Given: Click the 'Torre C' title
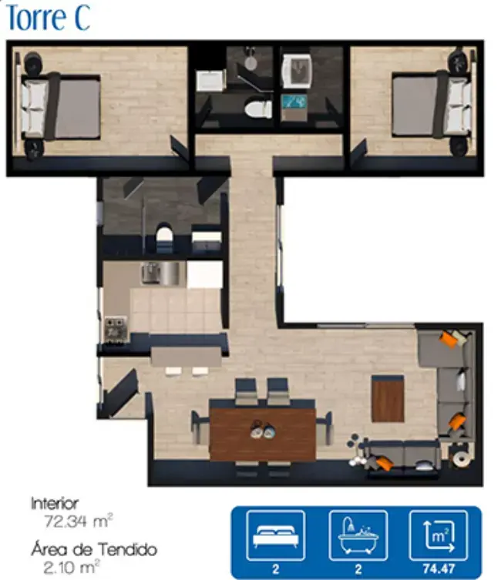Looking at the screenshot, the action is pos(48,18).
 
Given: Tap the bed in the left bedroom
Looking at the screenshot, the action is pos(61,107).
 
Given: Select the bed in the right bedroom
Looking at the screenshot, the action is pos(432,106).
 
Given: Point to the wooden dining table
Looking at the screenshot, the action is pos(262,430).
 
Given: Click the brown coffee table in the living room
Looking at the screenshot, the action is pos(388,399).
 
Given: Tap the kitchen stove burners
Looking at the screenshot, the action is pos(116,328).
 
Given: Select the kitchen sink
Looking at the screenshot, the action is pos(163,273).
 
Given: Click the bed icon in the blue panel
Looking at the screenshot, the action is pos(276,535).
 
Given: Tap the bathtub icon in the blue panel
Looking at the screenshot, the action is pos(358,535).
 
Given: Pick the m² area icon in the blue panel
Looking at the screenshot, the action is pos(439,535).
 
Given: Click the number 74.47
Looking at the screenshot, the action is pos(439,569).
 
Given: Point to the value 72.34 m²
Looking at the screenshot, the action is pos(78,521).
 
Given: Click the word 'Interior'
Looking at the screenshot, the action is pos(55,504).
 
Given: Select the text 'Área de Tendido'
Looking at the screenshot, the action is pos(94,549).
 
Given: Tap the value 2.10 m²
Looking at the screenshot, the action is pos(72,567).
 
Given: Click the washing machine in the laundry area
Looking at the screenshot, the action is pos(297,71).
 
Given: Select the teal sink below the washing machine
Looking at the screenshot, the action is pos(294,102).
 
